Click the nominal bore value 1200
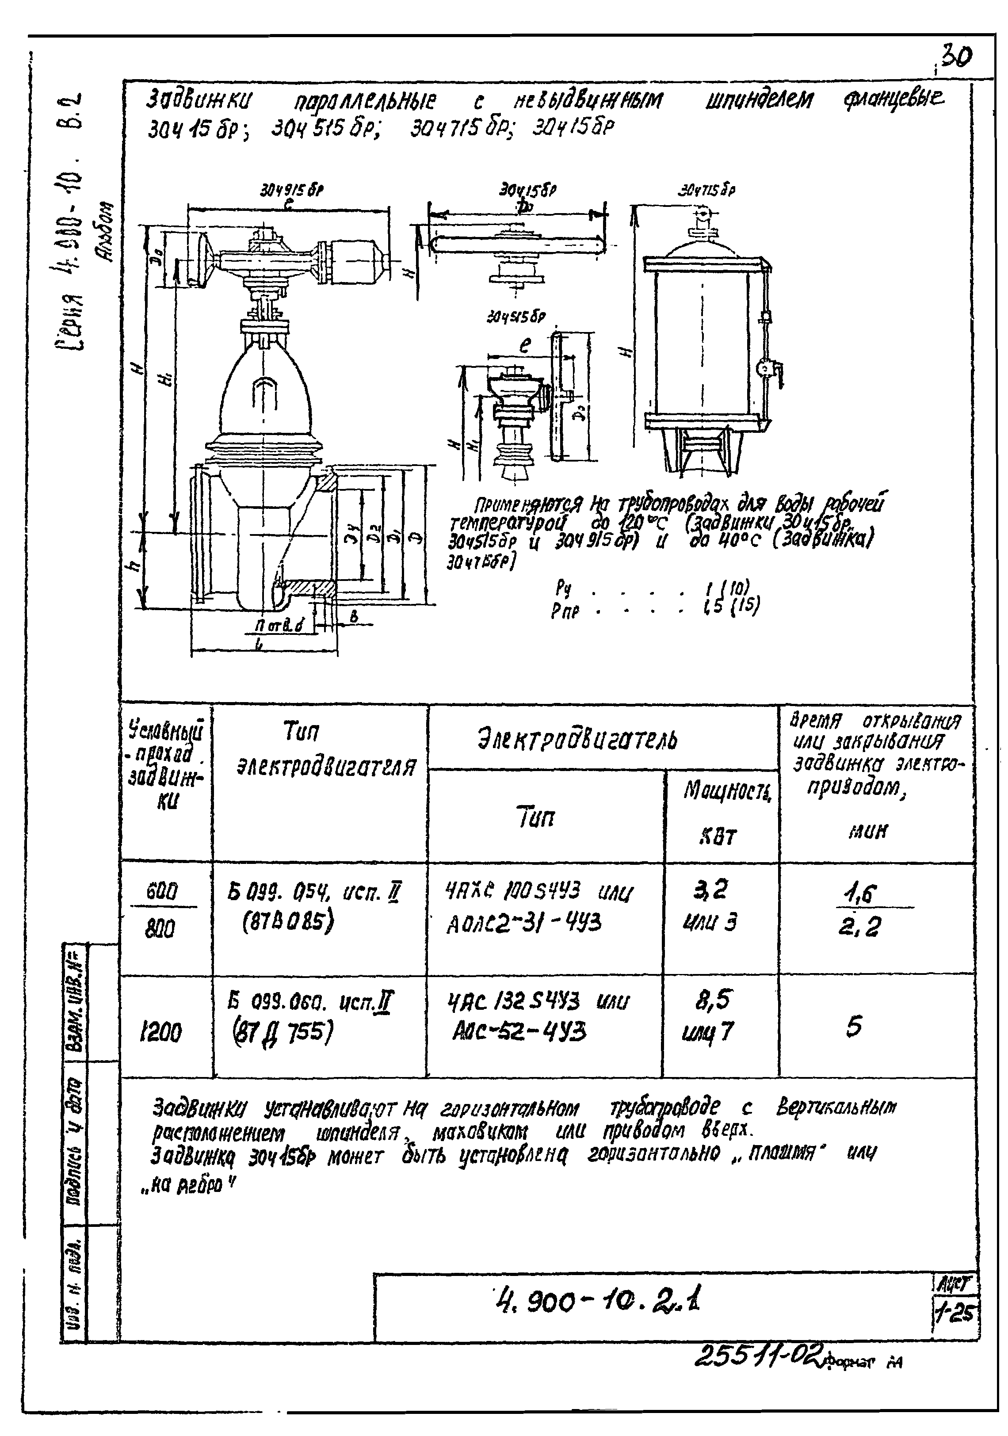[x=160, y=1033]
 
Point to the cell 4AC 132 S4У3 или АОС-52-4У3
[x=538, y=1018]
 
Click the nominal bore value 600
[x=161, y=890]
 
